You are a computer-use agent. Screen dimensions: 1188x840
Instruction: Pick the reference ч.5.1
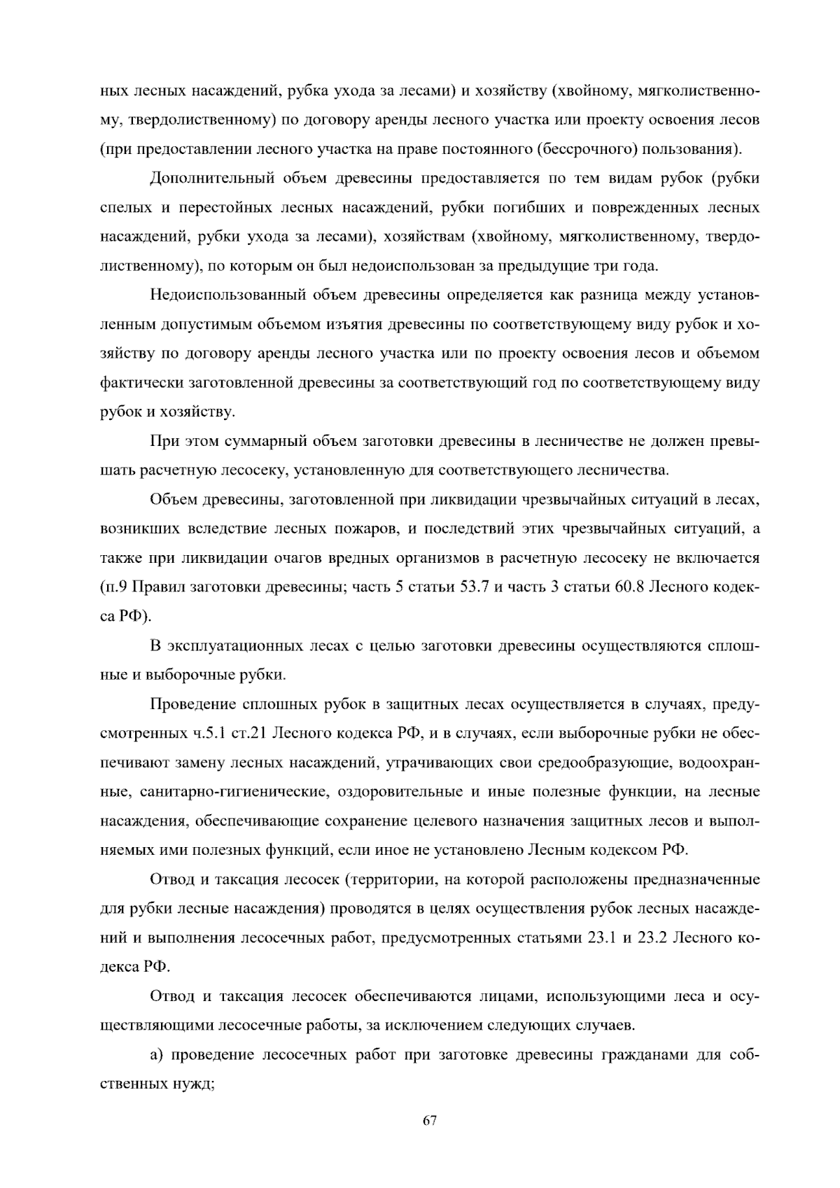tap(209, 734)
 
